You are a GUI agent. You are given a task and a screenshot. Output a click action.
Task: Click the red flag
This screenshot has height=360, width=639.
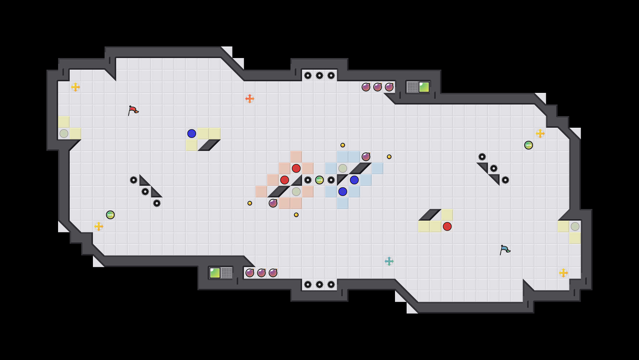pos(133,110)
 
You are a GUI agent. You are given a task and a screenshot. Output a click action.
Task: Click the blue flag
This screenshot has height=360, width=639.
pos(505,250)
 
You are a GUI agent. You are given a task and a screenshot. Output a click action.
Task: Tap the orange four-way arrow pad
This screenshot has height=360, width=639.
pos(250,99)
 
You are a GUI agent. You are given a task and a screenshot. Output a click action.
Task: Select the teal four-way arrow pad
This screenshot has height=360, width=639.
pos(389,261)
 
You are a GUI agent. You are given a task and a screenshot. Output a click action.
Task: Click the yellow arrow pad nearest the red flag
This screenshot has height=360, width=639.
pos(76,87)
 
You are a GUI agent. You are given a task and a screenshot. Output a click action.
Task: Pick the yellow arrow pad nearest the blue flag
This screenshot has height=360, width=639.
pos(563,273)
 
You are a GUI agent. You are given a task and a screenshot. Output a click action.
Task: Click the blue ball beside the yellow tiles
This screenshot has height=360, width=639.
pos(192,134)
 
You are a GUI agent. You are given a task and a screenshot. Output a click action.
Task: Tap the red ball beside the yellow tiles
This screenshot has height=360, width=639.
pos(447,226)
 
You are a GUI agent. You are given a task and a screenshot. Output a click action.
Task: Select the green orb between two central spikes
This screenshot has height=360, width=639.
pos(319,180)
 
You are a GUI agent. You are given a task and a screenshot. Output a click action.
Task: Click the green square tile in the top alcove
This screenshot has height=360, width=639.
pos(424,87)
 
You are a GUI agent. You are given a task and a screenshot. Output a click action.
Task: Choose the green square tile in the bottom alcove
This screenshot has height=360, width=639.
pos(215,273)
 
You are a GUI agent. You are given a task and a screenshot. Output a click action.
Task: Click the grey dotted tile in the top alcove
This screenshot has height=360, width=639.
pos(412,87)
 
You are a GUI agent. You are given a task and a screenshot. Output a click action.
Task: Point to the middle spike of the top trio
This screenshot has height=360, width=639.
pos(319,75)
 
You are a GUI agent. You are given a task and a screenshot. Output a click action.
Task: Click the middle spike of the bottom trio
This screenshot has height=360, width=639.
pos(319,285)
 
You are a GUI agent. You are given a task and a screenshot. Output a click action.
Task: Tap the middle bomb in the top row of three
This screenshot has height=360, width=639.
pos(378,87)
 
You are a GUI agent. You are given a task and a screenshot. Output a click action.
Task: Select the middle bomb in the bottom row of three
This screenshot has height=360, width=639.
pos(261,273)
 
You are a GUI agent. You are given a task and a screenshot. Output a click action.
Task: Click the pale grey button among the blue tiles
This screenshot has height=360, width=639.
pos(343,168)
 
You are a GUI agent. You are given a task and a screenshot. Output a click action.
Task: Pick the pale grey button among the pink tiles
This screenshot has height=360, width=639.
pos(296,192)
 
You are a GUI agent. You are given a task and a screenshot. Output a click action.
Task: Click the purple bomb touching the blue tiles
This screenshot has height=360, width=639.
pos(366,157)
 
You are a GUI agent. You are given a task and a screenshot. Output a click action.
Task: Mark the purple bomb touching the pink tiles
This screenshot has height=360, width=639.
pos(273,203)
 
